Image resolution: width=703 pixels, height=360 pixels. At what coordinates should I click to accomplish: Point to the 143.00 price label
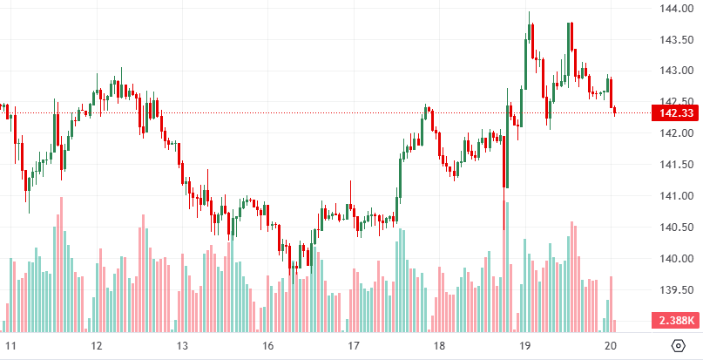point(676,70)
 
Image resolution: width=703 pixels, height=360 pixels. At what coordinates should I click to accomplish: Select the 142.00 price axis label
point(676,132)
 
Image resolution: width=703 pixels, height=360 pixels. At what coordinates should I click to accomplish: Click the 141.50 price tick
point(676,164)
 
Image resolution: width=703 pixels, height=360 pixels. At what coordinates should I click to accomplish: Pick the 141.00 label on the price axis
point(676,195)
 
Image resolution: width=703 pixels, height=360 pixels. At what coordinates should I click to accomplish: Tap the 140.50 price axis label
point(676,227)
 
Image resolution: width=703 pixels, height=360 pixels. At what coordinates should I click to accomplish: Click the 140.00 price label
point(676,258)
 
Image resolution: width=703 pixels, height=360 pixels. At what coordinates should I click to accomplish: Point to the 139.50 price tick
point(676,289)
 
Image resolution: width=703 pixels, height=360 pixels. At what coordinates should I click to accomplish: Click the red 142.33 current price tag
point(676,113)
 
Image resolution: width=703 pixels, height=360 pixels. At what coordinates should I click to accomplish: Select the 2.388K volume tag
point(676,320)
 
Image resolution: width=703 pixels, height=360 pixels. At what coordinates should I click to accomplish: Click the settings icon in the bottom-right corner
point(679,345)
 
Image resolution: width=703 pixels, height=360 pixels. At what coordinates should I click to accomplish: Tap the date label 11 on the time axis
point(10,345)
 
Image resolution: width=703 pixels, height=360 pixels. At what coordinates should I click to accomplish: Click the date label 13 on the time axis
point(182,345)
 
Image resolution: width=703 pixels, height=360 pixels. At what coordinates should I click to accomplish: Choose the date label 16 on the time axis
point(268,345)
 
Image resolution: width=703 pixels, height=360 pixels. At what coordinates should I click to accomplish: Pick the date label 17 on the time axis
point(354,345)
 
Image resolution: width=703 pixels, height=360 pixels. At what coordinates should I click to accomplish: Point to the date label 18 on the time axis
point(440,345)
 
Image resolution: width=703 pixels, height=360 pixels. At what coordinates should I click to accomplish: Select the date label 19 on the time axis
point(525,345)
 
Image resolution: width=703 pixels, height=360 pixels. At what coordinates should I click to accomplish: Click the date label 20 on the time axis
point(611,345)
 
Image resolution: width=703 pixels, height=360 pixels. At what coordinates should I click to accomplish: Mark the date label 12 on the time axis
point(97,345)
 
